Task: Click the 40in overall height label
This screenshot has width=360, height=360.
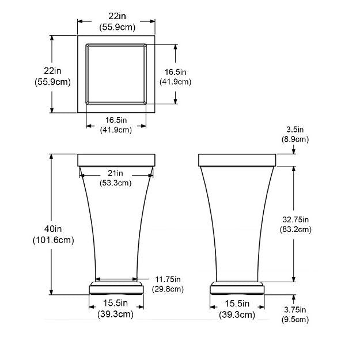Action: tap(53, 229)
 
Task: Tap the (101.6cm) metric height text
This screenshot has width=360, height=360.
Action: tap(54, 240)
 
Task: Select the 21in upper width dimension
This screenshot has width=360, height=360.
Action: tap(115, 173)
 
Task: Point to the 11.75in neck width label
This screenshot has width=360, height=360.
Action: tap(168, 279)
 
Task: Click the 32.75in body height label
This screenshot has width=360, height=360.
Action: tap(295, 219)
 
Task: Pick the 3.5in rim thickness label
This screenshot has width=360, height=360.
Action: tap(295, 130)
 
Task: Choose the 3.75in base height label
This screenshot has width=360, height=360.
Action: tap(295, 310)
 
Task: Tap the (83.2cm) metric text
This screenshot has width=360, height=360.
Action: tap(295, 230)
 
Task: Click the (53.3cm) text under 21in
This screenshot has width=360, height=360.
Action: tap(115, 183)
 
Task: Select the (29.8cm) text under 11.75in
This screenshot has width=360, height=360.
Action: tap(168, 289)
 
